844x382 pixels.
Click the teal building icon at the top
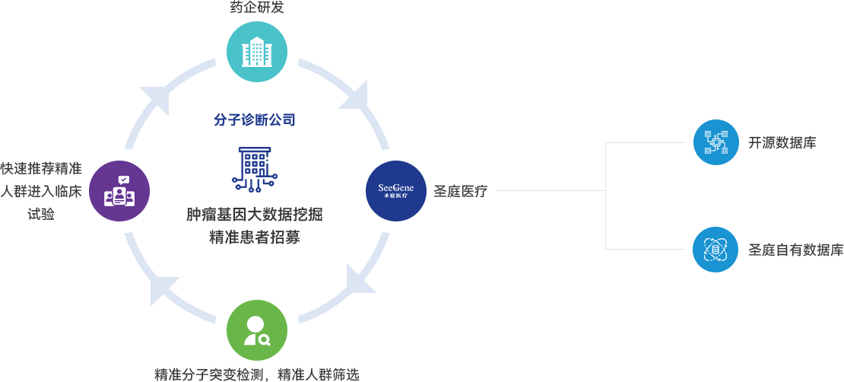click(x=256, y=51)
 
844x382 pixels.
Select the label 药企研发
click(x=256, y=8)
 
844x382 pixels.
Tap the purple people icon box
click(x=119, y=190)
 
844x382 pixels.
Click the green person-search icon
click(x=256, y=329)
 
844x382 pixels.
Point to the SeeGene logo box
click(x=395, y=190)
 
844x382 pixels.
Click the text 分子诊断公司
click(x=254, y=119)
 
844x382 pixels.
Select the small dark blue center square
click(x=255, y=169)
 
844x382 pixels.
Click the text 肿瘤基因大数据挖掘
click(x=255, y=215)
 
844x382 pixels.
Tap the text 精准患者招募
click(x=255, y=236)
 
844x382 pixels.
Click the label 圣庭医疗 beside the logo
click(x=460, y=191)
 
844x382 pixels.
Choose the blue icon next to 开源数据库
click(x=715, y=142)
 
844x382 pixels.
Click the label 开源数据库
click(x=782, y=142)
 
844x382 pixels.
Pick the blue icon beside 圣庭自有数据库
click(x=715, y=249)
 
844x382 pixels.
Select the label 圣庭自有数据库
click(x=795, y=250)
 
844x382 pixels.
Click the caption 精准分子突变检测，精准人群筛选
click(x=256, y=374)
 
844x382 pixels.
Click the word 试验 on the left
click(x=41, y=213)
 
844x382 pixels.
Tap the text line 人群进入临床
click(x=41, y=191)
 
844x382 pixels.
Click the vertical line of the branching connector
click(x=605, y=195)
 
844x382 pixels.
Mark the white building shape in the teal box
click(x=256, y=52)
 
